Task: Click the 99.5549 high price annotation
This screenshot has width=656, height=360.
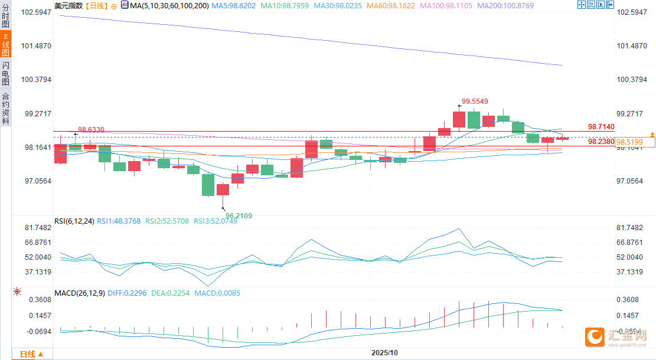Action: click(475, 102)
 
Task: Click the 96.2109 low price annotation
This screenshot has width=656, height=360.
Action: click(239, 216)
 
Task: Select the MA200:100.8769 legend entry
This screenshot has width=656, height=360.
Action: click(505, 5)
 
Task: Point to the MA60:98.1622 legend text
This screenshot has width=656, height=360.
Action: click(390, 5)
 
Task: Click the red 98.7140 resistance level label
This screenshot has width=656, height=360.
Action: click(601, 127)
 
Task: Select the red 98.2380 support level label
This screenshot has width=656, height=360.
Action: click(601, 142)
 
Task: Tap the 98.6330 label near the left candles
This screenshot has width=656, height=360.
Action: click(91, 129)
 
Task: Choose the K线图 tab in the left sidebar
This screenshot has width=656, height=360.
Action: click(5, 45)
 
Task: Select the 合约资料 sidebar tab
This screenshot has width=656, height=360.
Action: click(5, 109)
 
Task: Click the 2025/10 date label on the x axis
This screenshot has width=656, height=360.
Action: click(384, 352)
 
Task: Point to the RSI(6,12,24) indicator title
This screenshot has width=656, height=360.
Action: click(73, 221)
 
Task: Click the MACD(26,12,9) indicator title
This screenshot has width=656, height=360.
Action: click(79, 293)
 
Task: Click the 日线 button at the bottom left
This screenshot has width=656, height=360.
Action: click(28, 354)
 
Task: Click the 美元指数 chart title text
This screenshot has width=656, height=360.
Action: click(68, 5)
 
